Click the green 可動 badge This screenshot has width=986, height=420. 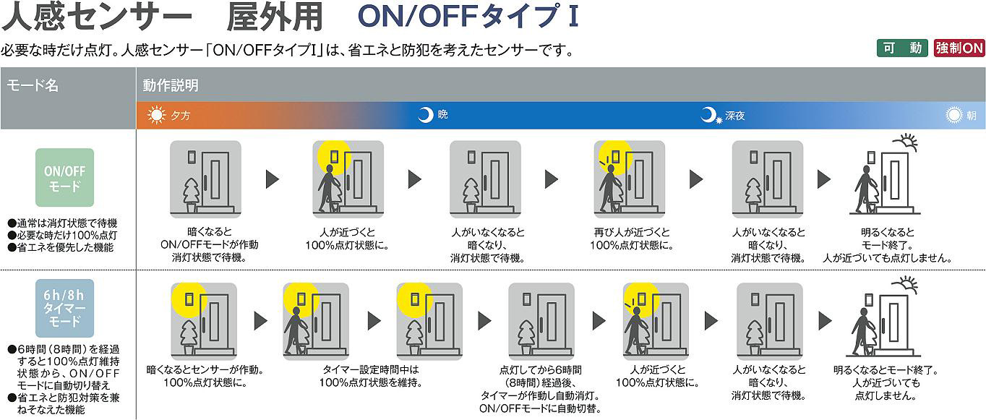pos(901,48)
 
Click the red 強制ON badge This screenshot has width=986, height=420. pos(959,48)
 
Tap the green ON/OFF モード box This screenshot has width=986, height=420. pos(65,177)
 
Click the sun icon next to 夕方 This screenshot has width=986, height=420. pos(156,115)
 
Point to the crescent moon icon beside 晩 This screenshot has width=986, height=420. pos(426,115)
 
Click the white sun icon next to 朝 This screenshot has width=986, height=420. pos(955,115)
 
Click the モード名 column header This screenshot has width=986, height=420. pos(33,85)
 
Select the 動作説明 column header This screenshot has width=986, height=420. pos(171,85)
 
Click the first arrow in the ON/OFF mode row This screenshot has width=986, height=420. pos(273,179)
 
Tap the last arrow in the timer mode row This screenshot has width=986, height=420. pos(825,320)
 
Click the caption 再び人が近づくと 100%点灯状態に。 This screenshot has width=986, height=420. pos(632,239)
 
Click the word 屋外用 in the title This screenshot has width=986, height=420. pos(274,17)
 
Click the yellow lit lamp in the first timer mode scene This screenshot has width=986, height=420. pos(190,298)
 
